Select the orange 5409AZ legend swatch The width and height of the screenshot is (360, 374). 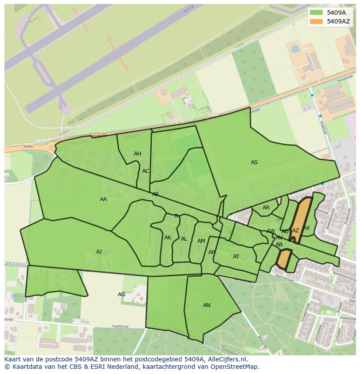point(317,21)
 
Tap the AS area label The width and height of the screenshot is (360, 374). point(254,162)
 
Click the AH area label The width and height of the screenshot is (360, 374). point(137,154)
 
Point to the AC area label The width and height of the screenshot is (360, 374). point(146,171)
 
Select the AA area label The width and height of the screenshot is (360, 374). point(103,199)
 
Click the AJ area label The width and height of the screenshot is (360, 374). point(99,252)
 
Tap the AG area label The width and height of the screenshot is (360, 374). point(122,295)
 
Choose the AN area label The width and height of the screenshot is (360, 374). point(207,305)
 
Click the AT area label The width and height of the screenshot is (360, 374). point(236,257)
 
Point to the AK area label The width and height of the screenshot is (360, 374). point(168,238)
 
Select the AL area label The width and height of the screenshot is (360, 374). point(184,239)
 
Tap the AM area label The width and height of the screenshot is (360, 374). point(201,241)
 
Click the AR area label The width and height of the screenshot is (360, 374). point(266,208)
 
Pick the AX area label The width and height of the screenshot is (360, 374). point(307,228)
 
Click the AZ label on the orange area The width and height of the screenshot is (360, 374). point(296,231)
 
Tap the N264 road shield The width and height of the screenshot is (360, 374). point(28,147)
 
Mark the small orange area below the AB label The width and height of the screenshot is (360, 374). point(284,259)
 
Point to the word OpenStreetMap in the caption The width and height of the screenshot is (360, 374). point(237,367)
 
